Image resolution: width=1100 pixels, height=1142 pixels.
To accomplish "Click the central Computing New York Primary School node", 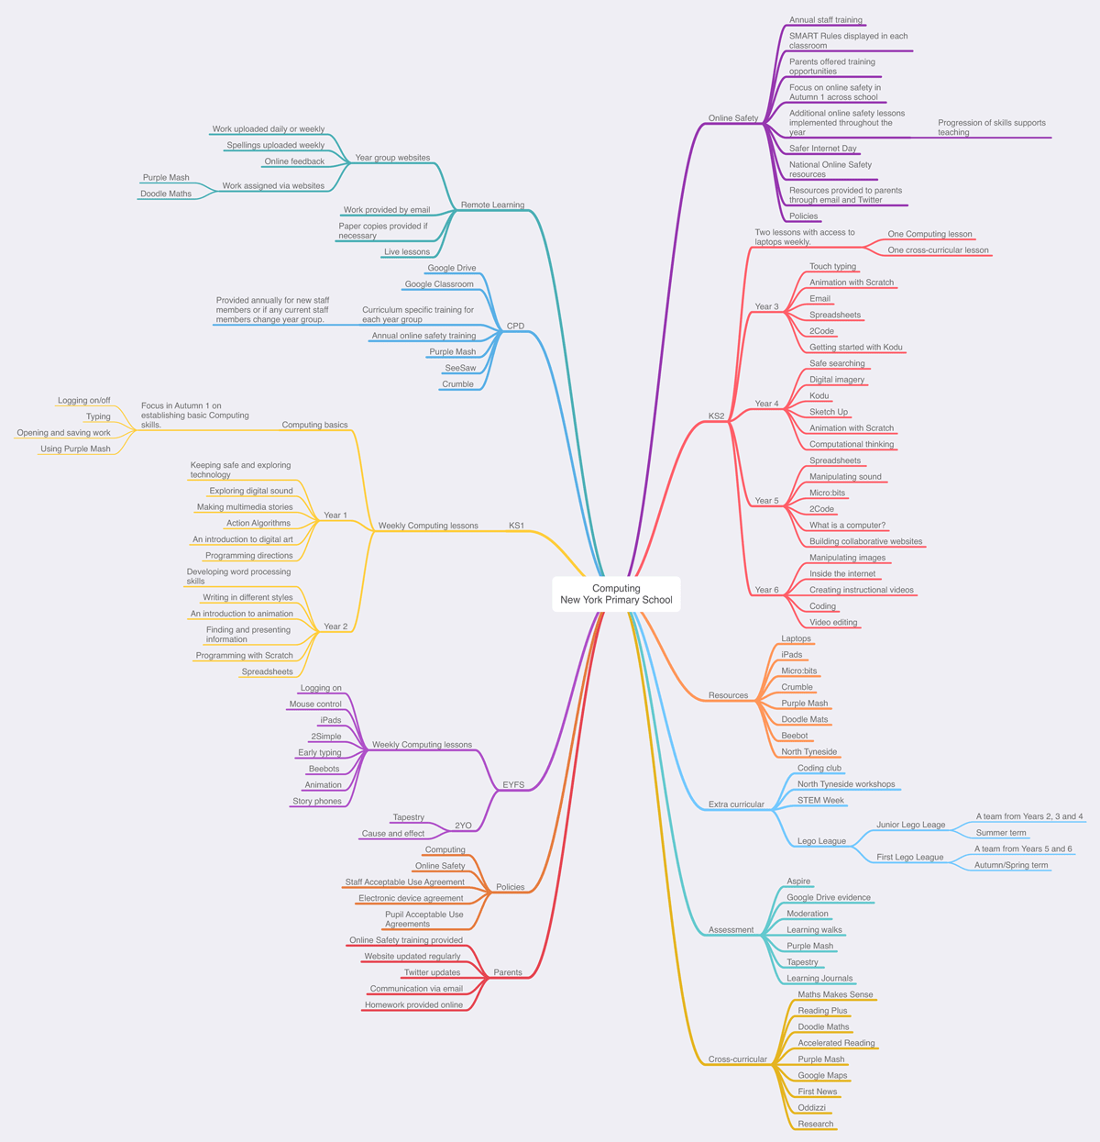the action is pos(616,594).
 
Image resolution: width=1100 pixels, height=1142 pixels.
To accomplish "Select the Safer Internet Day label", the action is pos(822,149).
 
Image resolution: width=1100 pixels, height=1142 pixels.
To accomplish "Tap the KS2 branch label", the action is pos(716,416).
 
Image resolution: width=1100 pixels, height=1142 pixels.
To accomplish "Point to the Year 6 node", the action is pos(766,590).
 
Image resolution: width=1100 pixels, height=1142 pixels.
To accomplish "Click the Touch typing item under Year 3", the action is pos(832,267).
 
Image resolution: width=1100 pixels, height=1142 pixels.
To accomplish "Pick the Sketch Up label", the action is pos(828,412).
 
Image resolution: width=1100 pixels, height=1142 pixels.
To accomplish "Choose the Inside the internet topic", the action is pos(841,574).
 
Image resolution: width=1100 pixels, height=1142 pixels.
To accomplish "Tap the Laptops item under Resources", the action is pos(796,638).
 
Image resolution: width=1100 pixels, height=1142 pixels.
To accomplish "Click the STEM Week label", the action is pos(820,800).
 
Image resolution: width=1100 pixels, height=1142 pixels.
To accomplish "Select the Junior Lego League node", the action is pos(910,825).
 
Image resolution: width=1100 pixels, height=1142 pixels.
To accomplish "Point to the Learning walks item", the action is pos(814,930).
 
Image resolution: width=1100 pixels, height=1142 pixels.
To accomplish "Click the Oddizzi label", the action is pos(811,1108).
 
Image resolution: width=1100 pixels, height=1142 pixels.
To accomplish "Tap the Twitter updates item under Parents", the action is pos(432,972).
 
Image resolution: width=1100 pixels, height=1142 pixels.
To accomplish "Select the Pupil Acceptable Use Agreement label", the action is pos(423,919).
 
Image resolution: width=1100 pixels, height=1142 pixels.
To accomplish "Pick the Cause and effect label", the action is pos(392,834).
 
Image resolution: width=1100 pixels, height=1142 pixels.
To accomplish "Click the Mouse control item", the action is pos(315,704).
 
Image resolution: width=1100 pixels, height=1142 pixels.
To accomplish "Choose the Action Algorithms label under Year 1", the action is pos(258,523).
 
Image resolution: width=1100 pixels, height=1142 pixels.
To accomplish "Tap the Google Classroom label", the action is pos(439,284).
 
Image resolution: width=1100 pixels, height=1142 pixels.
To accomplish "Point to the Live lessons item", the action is pos(406,252).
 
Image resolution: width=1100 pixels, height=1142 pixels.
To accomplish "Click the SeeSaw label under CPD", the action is pos(460,368).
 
